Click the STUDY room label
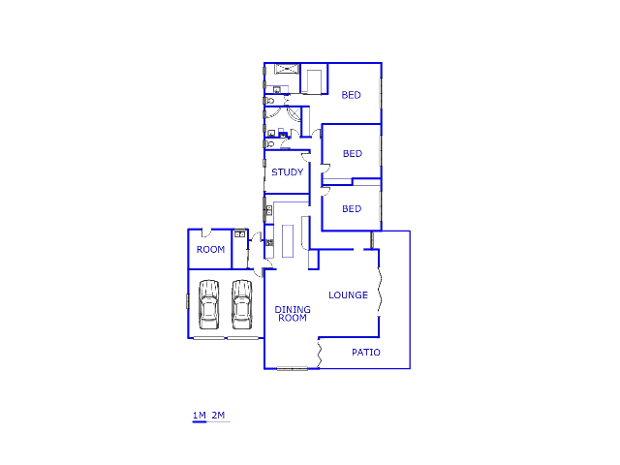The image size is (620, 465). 287,172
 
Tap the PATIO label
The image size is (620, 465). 365,353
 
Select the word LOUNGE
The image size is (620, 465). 348,294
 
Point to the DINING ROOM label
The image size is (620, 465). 292,314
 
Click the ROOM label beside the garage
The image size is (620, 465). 210,250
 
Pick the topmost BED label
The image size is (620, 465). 351,95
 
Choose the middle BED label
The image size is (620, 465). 352,154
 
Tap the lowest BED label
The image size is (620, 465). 351,209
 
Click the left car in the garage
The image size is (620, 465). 208,304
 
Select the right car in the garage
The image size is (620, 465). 241,304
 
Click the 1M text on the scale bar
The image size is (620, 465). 200,416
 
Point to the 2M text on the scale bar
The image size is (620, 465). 218,416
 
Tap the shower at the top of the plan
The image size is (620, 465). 286,69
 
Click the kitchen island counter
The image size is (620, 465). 287,241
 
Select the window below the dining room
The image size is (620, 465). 291,368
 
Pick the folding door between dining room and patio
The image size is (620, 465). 319,353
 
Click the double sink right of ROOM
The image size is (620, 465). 239,234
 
